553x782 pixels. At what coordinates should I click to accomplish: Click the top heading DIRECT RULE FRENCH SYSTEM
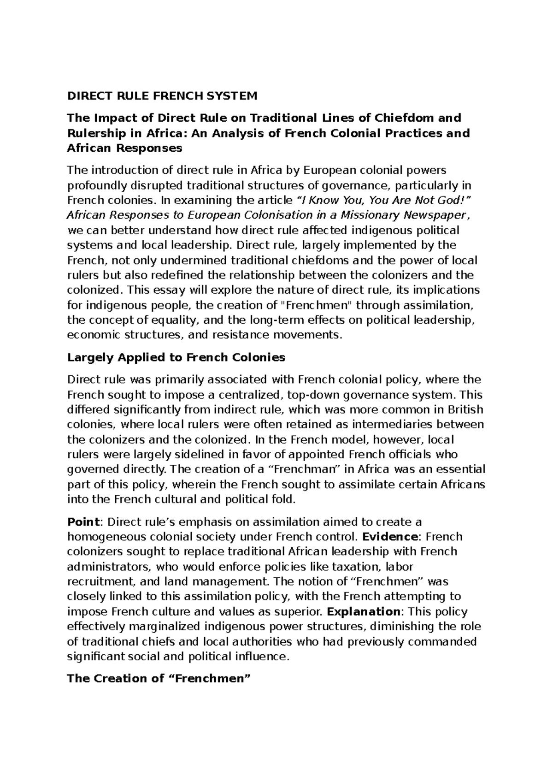(162, 96)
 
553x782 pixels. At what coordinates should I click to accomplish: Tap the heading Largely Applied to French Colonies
(176, 357)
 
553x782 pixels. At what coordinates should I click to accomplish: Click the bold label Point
(83, 521)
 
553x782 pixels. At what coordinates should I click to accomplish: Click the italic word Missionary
(371, 215)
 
